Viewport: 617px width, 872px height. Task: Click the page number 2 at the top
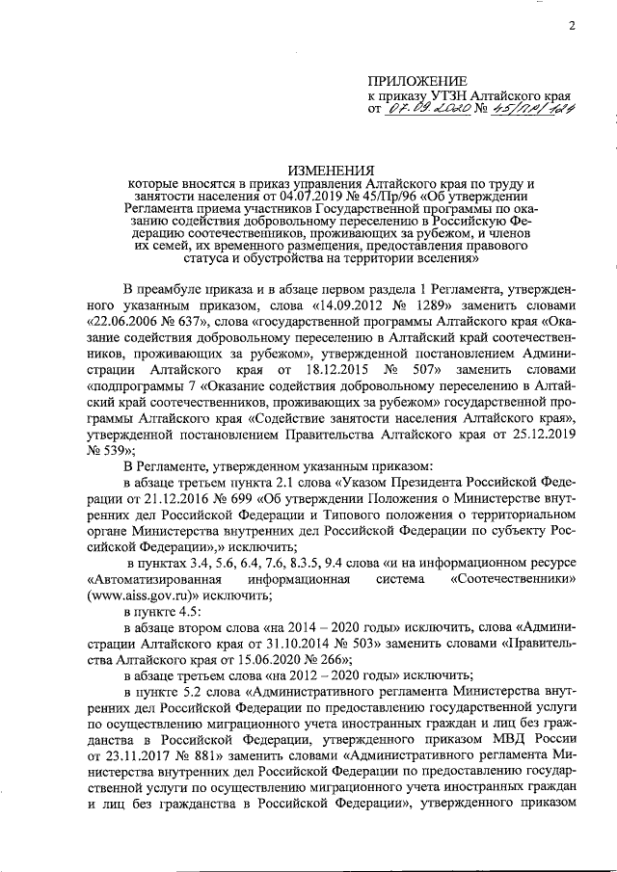[x=571, y=26]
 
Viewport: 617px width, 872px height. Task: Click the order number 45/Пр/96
[x=334, y=196]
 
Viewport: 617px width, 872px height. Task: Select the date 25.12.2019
[x=544, y=432]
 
